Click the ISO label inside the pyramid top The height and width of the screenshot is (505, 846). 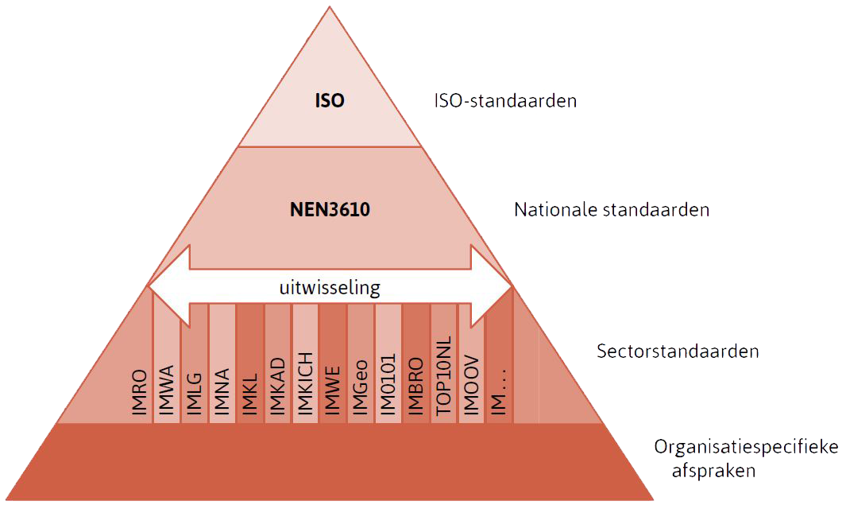(330, 101)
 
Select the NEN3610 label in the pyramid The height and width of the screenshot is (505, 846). (329, 210)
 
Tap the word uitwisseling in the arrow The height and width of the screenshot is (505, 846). (330, 287)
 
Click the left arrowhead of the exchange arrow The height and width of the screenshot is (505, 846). (168, 286)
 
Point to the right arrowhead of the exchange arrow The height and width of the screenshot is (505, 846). (492, 286)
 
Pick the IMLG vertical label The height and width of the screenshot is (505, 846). (194, 390)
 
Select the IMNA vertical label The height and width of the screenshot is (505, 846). (222, 389)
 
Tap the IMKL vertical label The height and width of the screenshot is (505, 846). (249, 390)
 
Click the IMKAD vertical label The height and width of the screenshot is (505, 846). (277, 384)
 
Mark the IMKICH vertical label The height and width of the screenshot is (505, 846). (305, 380)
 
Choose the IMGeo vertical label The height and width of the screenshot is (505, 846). (361, 385)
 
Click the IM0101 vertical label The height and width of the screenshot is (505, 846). (388, 383)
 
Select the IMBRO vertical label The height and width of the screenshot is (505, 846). (415, 385)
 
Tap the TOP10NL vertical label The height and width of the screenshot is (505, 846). (443, 378)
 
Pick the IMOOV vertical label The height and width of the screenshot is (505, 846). (471, 384)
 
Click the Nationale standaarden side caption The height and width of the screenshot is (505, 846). (612, 211)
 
